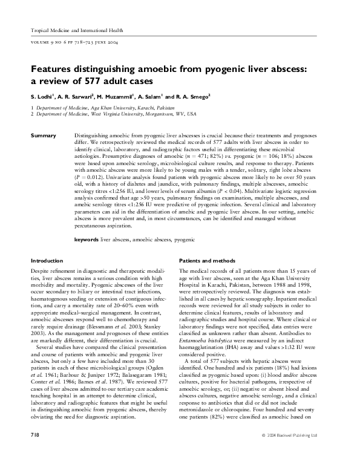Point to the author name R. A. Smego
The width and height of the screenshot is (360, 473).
(x=191, y=96)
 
